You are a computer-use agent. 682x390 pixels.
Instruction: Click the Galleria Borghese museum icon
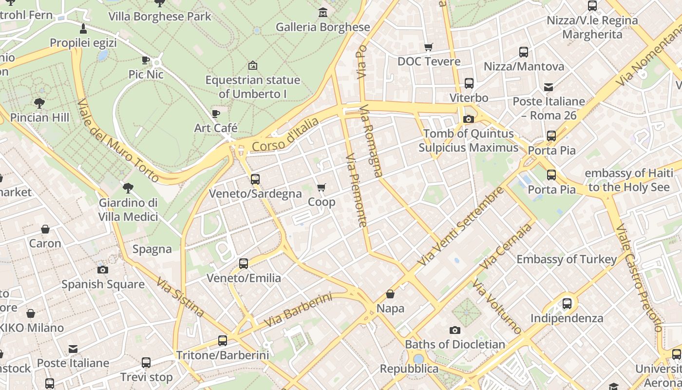[322, 12]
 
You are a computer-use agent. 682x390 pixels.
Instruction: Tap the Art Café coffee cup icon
[216, 114]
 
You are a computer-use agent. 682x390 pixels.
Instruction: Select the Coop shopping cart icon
[321, 188]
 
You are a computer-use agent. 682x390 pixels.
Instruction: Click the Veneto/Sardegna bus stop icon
[255, 179]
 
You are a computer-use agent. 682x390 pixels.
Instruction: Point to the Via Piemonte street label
[356, 191]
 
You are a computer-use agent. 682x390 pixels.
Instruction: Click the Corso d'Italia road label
[285, 135]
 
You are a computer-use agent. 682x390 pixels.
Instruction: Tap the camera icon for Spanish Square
[103, 270]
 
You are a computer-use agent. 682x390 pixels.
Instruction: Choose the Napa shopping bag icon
[390, 294]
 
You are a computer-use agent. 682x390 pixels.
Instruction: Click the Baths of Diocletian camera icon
[455, 330]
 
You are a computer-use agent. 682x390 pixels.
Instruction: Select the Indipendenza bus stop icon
[567, 304]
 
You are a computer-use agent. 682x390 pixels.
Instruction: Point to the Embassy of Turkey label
[567, 259]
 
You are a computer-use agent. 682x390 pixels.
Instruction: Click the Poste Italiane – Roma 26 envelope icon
[549, 87]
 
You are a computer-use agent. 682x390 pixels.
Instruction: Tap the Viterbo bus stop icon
[469, 83]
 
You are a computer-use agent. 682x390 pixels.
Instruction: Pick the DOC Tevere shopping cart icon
[429, 47]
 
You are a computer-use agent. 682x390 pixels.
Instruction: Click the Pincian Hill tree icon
[39, 103]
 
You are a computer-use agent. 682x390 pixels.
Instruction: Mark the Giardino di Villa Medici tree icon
[128, 188]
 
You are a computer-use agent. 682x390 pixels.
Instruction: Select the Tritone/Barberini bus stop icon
[223, 341]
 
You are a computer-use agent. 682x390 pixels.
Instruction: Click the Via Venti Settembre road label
[461, 226]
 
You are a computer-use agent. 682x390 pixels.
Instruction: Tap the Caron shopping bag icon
[45, 229]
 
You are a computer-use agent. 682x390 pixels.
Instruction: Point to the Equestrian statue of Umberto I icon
[252, 65]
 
